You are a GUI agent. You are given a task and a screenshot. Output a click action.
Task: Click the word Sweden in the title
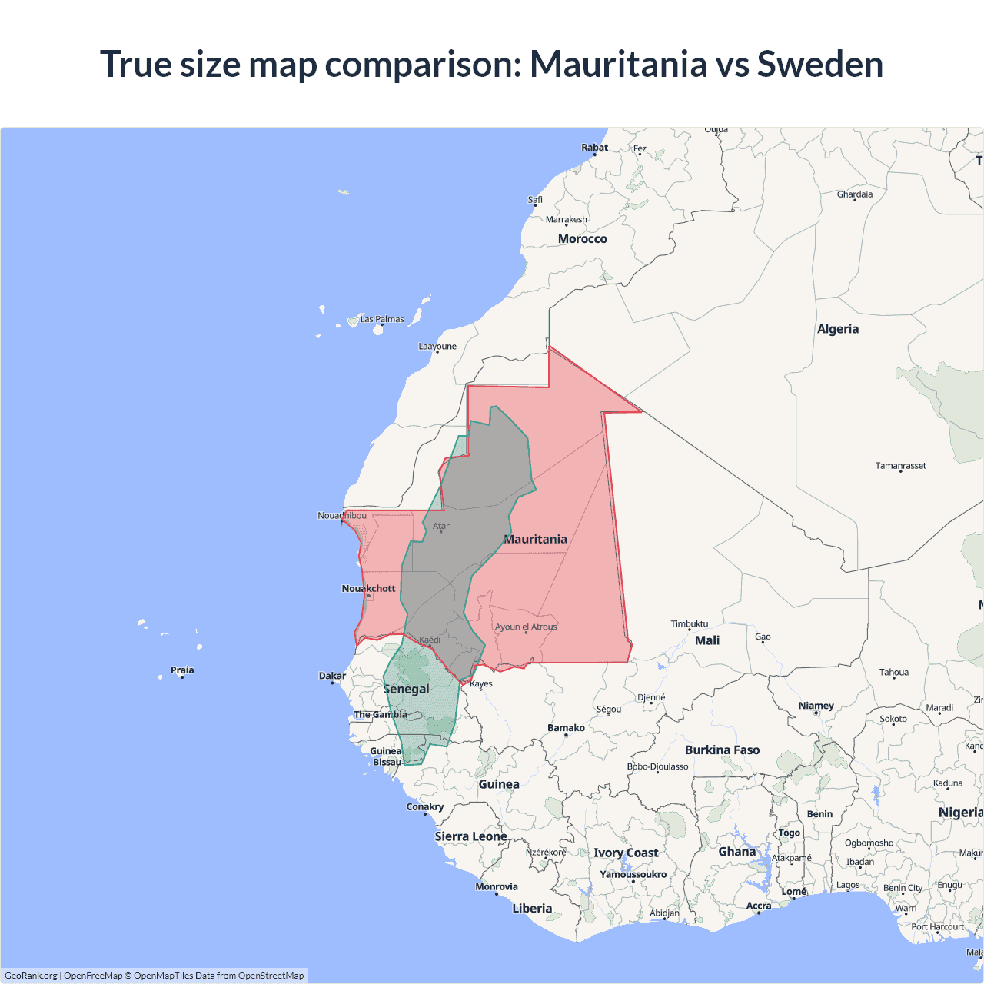pos(820,64)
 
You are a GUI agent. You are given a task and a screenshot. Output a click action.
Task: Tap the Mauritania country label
pos(536,539)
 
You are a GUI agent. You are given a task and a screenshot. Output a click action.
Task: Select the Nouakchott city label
pos(368,588)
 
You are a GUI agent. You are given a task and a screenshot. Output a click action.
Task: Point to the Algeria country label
pos(837,329)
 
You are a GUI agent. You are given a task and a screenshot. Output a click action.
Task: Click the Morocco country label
pos(582,239)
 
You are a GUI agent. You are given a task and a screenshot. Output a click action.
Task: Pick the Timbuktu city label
pos(689,623)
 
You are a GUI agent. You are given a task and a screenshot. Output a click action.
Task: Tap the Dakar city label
pos(332,676)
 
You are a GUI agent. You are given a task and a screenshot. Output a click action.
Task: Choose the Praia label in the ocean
pos(182,670)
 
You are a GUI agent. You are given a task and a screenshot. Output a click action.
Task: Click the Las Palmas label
pos(382,319)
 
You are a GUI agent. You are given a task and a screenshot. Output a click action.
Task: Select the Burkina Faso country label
pos(722,750)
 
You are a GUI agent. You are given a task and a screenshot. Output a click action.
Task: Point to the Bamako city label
pos(566,727)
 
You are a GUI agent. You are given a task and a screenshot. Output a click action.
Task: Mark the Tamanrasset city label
pos(900,465)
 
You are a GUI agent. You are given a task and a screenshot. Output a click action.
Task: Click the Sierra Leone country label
pos(470,836)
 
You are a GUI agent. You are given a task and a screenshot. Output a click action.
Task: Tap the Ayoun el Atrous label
pos(526,627)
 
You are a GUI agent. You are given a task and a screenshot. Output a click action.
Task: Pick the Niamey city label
pos(816,705)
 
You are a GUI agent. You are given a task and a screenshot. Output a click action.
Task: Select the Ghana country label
pos(736,851)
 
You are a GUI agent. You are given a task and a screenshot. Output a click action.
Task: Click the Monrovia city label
pos(497,886)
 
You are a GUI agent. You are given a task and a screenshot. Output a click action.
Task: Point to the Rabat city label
pos(594,147)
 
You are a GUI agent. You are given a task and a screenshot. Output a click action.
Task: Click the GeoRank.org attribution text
pos(31,976)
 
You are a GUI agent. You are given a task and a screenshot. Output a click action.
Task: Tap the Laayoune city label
pos(437,346)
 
